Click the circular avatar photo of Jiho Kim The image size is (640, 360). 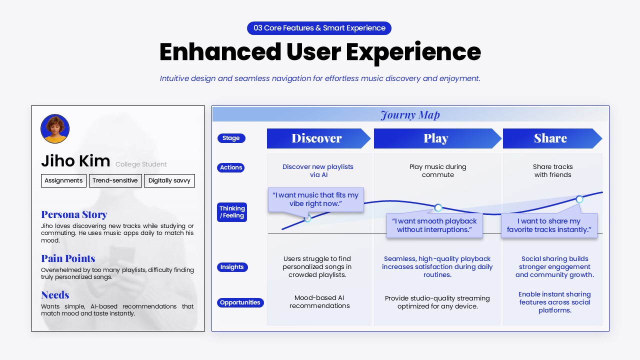click(x=55, y=128)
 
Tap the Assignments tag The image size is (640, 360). click(x=63, y=180)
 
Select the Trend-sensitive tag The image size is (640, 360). click(x=115, y=180)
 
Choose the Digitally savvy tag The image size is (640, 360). click(x=169, y=180)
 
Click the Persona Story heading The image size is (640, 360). click(x=74, y=214)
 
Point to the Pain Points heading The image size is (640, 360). click(x=68, y=258)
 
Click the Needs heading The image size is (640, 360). click(x=55, y=295)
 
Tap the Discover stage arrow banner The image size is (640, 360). click(x=317, y=138)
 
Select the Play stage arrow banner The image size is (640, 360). click(x=436, y=138)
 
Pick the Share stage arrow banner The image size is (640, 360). click(x=550, y=138)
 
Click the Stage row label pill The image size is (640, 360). click(x=231, y=138)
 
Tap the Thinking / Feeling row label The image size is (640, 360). click(x=232, y=212)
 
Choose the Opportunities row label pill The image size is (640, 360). click(x=240, y=302)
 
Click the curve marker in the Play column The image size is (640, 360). click(x=438, y=207)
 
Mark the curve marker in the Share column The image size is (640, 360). click(x=579, y=199)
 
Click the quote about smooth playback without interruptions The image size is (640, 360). click(x=434, y=225)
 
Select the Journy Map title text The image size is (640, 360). click(x=410, y=115)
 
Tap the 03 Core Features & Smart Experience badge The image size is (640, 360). click(x=319, y=28)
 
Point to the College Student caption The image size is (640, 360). click(x=141, y=164)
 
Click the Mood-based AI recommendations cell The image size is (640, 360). click(x=319, y=302)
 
